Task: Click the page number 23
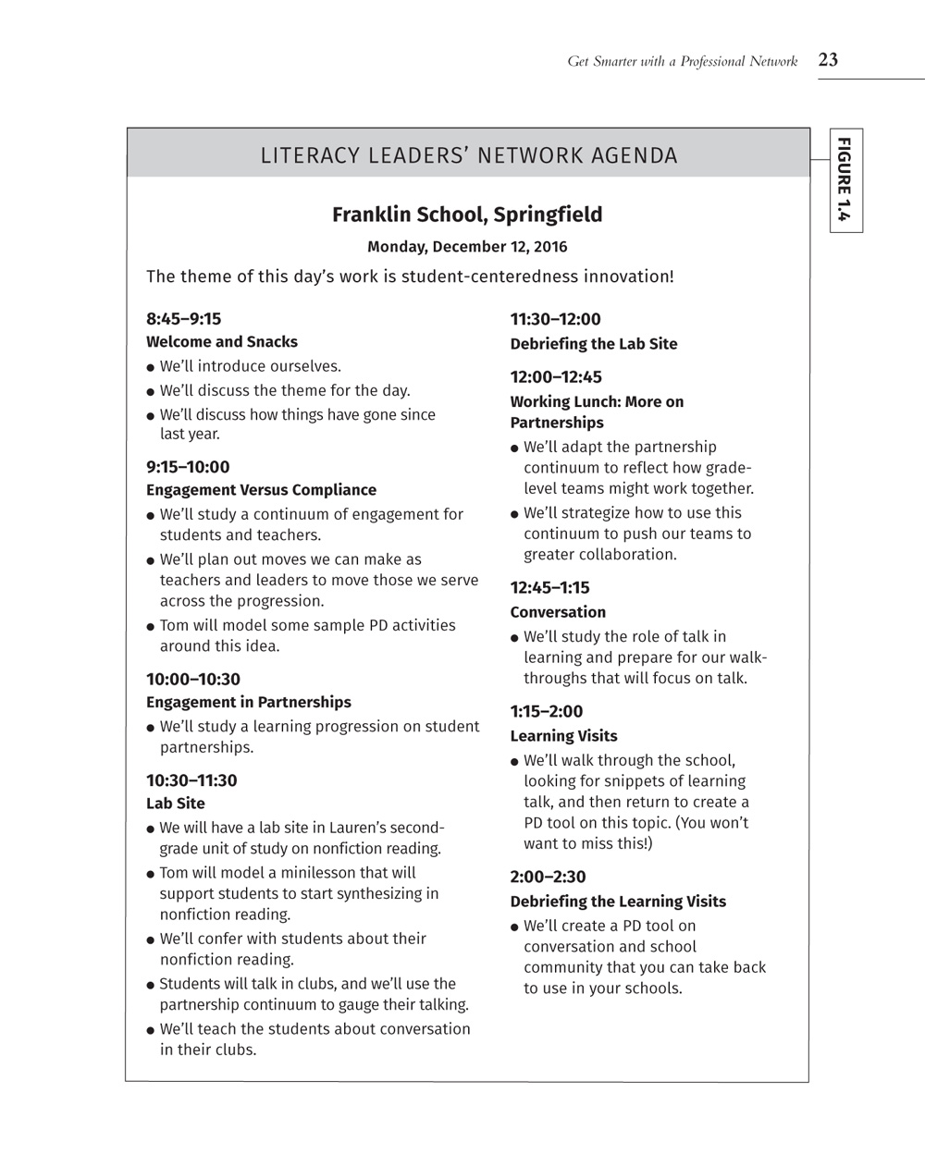point(828,60)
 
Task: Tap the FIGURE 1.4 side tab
point(845,179)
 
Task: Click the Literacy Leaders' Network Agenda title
point(469,155)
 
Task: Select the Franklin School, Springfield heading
point(467,215)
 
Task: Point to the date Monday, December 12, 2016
point(467,247)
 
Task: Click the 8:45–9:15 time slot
point(184,319)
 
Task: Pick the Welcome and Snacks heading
point(222,342)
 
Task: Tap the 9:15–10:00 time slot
point(188,467)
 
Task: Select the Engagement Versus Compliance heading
point(261,490)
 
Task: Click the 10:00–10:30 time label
point(193,680)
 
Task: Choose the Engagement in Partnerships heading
point(249,703)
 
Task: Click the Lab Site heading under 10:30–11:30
point(176,804)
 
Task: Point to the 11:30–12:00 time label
point(555,319)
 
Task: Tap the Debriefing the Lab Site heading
point(594,344)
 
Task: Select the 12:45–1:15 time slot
point(549,587)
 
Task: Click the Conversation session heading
point(558,612)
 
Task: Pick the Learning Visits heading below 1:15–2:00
point(563,736)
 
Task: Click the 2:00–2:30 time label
point(548,877)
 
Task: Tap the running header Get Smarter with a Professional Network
point(682,62)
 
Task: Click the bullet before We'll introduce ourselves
point(150,367)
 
